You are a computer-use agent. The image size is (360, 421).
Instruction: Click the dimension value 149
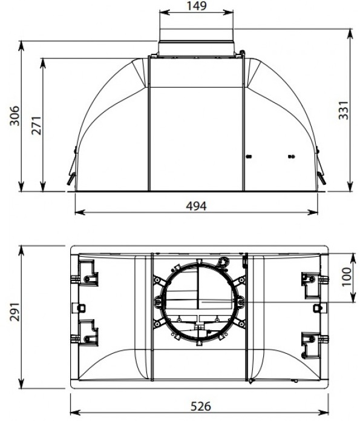tap(197, 5)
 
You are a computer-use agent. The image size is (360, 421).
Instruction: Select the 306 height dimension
tap(15, 116)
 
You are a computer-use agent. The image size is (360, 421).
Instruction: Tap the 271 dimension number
tap(37, 125)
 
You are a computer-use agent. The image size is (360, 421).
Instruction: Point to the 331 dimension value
tap(344, 110)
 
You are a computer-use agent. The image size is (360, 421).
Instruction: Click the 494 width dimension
tap(196, 206)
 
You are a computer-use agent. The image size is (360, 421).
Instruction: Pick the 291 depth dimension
tap(15, 312)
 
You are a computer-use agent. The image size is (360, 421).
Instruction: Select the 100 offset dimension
tap(346, 277)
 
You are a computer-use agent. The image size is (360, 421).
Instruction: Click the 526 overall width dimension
tap(201, 406)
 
